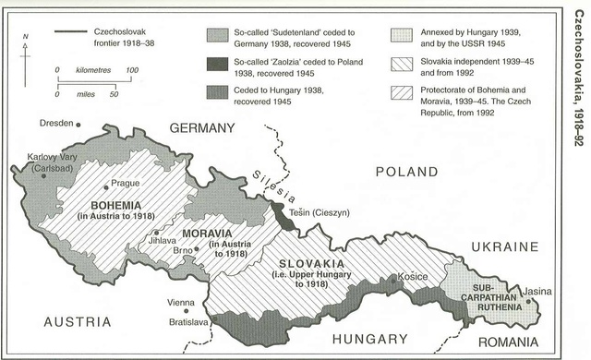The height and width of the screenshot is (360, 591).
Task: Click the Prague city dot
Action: (x=106, y=184)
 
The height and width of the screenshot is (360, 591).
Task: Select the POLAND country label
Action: (x=406, y=172)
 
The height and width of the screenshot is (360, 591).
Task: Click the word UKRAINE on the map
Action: (x=504, y=246)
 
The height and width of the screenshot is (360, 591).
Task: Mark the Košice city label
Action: (x=413, y=276)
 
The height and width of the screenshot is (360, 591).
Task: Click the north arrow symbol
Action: (x=26, y=55)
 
